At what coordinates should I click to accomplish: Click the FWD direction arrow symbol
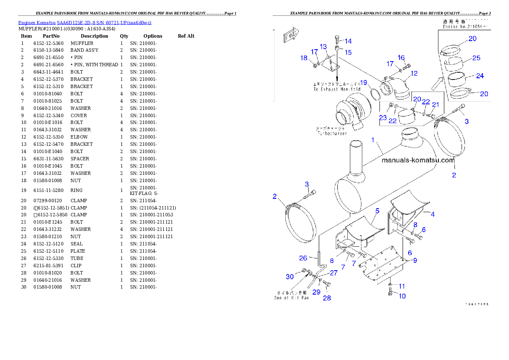coord(290,37)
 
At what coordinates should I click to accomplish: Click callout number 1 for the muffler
coord(373,140)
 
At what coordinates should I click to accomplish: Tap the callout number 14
coord(348,41)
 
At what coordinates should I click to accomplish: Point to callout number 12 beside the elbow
coord(414,73)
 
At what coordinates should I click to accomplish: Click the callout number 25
coord(476,58)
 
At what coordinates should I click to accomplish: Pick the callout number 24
coord(479,76)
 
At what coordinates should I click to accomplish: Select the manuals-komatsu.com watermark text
coord(417,160)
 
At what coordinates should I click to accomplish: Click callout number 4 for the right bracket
coord(432,214)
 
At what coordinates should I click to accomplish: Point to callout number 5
coord(377,211)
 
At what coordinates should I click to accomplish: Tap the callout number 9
coord(414,260)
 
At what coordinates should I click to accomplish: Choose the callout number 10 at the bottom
coord(402,296)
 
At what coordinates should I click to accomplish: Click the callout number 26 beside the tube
coord(303,258)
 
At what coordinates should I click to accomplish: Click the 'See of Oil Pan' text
coord(291,298)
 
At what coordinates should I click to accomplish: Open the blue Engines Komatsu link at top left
coord(85,22)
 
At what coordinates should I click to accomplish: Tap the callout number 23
coord(382,117)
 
